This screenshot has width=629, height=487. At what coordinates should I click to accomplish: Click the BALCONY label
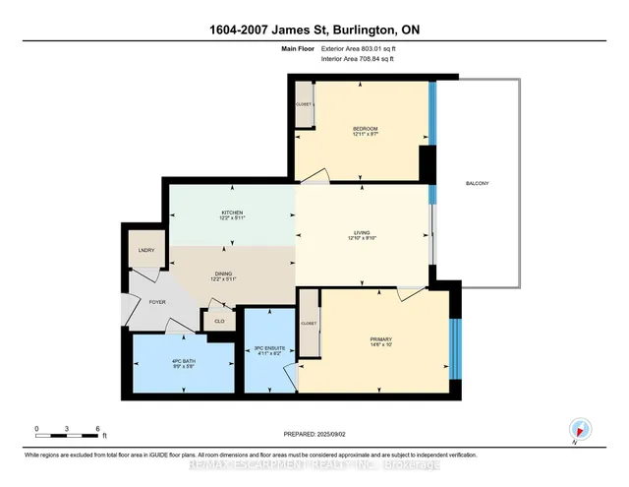click(478, 184)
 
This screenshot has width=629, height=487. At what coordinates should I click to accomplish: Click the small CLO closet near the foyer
click(217, 320)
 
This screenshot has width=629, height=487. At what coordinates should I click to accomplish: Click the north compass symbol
click(578, 429)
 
